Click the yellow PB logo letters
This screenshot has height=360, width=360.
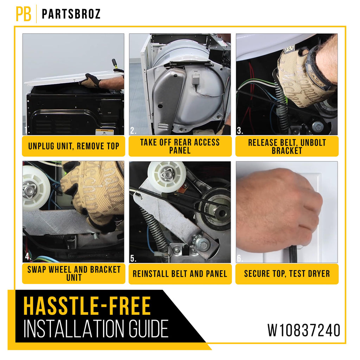(24, 14)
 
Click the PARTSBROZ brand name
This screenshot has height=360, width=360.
(71, 14)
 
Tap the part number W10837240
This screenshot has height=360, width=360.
(304, 330)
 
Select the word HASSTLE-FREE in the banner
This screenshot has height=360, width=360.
(87, 306)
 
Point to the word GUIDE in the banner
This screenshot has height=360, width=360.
(148, 329)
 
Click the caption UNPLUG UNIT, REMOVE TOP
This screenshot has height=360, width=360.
(73, 146)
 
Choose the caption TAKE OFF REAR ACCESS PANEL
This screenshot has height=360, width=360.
(180, 146)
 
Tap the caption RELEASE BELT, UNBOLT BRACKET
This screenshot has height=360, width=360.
(287, 147)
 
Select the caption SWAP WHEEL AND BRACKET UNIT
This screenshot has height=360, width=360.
(74, 274)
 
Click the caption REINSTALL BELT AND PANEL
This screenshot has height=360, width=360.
(180, 274)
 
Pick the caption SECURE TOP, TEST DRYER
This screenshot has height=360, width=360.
(287, 274)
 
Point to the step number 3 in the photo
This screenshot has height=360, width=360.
(240, 131)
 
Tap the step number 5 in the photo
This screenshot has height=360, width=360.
(133, 258)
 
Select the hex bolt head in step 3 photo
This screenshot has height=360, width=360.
(318, 127)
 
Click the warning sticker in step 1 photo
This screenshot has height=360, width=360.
(105, 132)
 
